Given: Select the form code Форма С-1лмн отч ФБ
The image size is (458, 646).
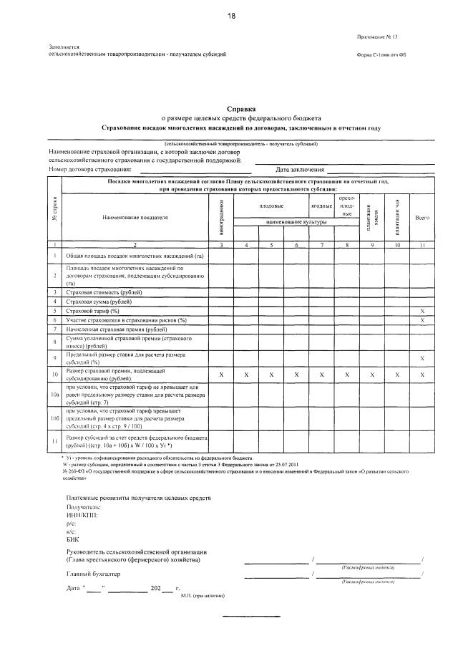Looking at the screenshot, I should point(385,55).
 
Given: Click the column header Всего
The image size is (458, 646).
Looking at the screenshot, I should point(422,217).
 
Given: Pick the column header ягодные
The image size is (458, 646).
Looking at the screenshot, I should point(321,206).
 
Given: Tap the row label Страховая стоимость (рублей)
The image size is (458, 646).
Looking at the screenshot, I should point(104,292).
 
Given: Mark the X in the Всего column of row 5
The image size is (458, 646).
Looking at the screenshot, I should point(422,311).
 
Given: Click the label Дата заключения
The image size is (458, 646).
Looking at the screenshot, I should point(298,170).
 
